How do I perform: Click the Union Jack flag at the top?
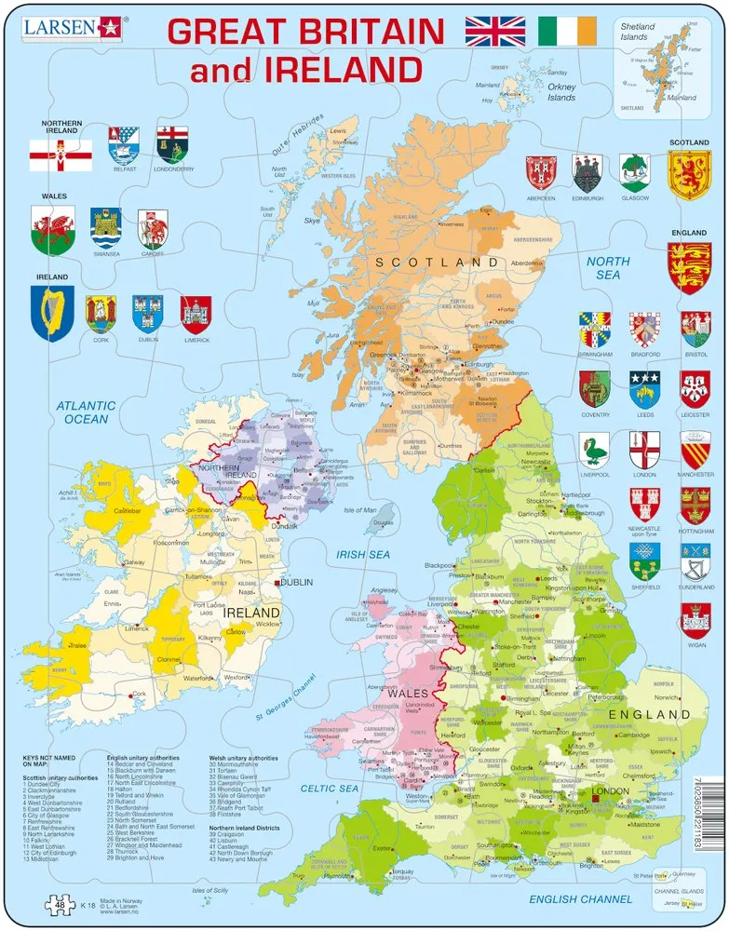(x=495, y=31)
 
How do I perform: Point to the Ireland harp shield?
(x=51, y=313)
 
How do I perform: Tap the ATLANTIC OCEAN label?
(x=86, y=412)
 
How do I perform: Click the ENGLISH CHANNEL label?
(x=574, y=899)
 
